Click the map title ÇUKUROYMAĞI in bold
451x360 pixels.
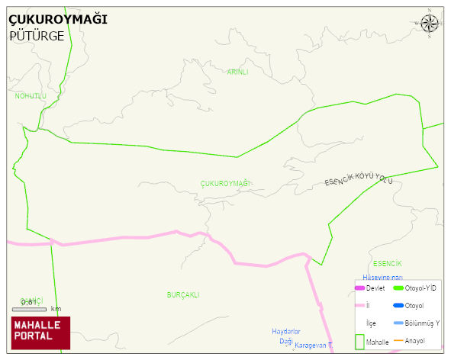(x=57, y=19)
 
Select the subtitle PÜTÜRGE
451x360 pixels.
(x=37, y=35)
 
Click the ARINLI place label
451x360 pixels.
(x=237, y=72)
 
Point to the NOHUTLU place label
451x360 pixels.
(x=31, y=96)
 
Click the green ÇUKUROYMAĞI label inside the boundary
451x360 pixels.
(x=225, y=184)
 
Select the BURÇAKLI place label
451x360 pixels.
(x=183, y=294)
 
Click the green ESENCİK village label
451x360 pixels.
(x=388, y=263)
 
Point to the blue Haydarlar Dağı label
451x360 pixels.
(x=287, y=336)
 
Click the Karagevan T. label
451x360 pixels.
(x=314, y=346)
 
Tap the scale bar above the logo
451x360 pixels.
(x=29, y=309)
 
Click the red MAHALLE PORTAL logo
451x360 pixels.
(x=40, y=333)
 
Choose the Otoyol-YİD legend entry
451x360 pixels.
(x=416, y=288)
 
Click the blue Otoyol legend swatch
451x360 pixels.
(x=398, y=306)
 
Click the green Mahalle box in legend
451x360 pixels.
(x=359, y=342)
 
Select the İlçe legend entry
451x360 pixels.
(x=371, y=323)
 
